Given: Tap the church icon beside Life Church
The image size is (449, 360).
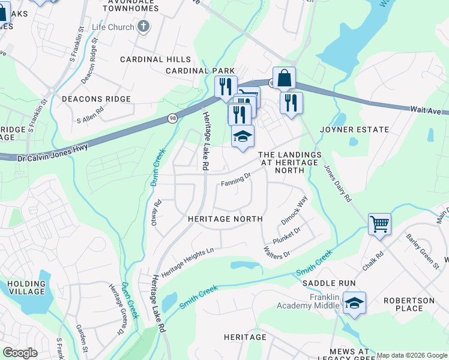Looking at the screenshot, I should pos(143,26).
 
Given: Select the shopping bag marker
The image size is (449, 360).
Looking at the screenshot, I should pos(285,78).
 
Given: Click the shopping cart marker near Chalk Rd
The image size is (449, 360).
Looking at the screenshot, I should pos(379,225).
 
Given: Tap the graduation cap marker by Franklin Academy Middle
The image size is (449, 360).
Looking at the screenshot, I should pos(354,304).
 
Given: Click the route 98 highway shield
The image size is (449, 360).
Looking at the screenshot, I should pos(172,119).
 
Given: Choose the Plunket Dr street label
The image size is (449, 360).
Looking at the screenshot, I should pos(286,234).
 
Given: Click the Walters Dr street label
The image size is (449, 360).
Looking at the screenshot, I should pos(277,250).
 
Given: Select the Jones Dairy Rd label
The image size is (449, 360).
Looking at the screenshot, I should pos(338,184).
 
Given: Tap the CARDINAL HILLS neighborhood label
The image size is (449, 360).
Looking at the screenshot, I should pos(155,59).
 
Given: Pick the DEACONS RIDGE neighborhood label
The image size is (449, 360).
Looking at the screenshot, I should pos(96,99).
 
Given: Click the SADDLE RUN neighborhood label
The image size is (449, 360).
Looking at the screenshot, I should pos(329,283).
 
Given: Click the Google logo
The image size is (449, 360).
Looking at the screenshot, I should pos(20,353).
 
